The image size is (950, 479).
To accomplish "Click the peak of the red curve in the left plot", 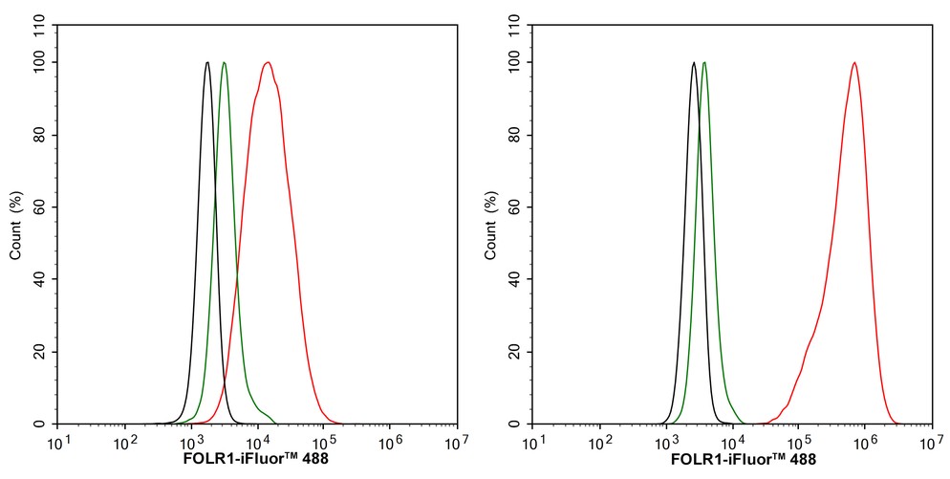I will click(x=269, y=63).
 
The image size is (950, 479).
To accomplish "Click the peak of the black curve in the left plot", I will click(x=207, y=63).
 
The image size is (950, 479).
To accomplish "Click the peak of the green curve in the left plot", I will click(x=224, y=63).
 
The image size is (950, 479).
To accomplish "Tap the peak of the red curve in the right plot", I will click(x=853, y=63).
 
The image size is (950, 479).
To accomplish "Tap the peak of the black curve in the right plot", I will click(x=693, y=63).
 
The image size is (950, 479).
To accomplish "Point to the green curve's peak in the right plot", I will click(x=704, y=63).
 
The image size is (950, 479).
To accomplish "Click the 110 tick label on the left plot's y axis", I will click(x=39, y=27).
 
